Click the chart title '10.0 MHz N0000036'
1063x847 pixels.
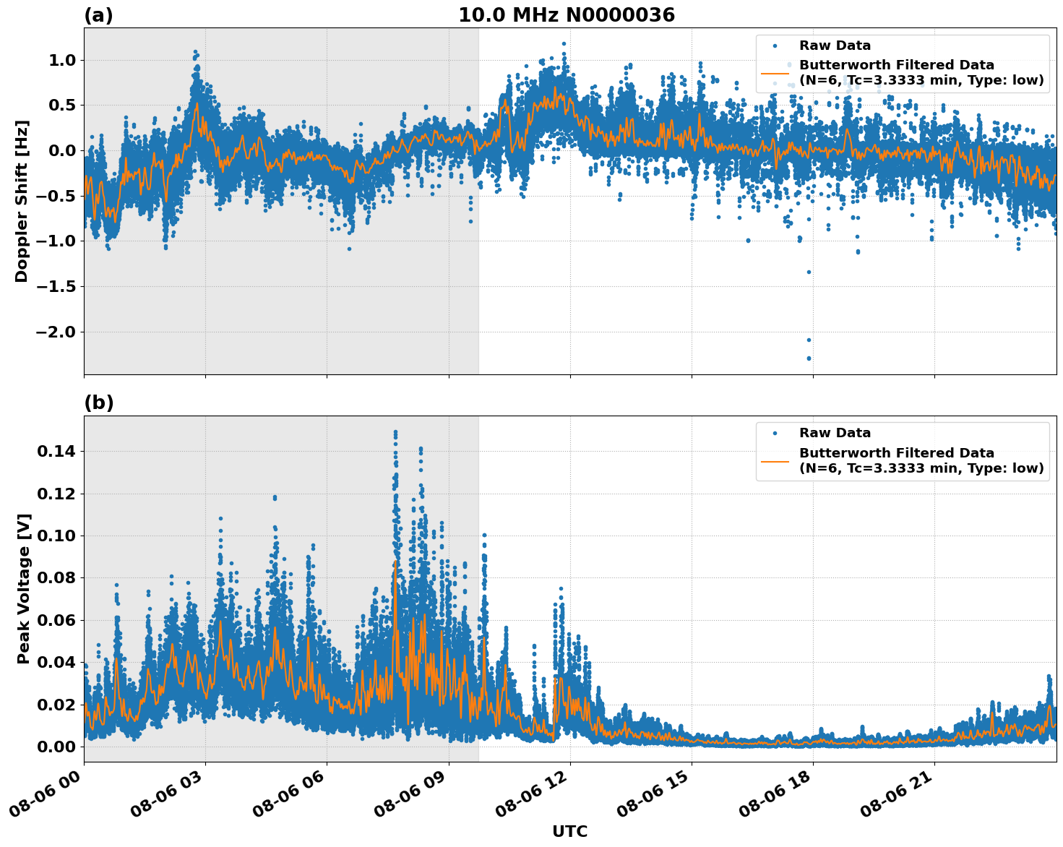[x=566, y=15]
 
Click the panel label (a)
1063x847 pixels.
[x=98, y=15]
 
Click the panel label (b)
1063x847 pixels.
[x=98, y=403]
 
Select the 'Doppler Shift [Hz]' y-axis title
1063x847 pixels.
[x=22, y=201]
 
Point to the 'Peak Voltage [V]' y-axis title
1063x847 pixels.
[x=23, y=588]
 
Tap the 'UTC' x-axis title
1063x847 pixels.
[x=569, y=831]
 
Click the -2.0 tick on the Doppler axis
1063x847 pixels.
[x=55, y=332]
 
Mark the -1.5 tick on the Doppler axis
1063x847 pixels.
[x=55, y=286]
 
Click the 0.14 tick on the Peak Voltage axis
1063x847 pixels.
[x=58, y=452]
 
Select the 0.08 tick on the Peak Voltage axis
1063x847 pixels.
[x=58, y=578]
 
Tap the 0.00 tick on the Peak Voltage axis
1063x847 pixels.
[x=58, y=747]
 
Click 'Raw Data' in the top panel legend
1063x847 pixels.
[x=835, y=46]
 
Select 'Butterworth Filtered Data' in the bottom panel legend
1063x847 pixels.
[x=896, y=453]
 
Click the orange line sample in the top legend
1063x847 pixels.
[x=775, y=73]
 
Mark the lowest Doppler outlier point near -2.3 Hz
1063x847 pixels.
[x=809, y=358]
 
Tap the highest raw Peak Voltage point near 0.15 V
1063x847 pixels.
[x=395, y=432]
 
